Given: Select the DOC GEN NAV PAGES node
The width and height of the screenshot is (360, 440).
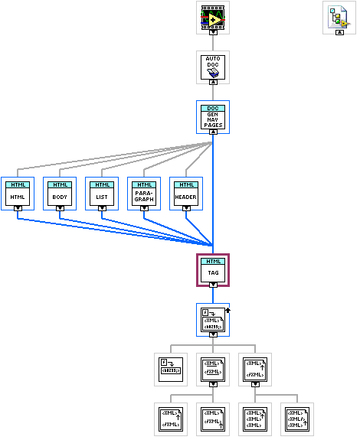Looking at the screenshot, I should click(x=213, y=117).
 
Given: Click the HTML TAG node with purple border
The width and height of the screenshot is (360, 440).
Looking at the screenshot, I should click(x=213, y=269).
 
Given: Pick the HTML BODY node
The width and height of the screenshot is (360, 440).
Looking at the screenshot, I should click(x=59, y=194).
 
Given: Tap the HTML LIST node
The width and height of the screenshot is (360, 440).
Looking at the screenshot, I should click(x=101, y=194).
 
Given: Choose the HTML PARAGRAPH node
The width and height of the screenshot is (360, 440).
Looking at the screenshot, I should click(x=143, y=194).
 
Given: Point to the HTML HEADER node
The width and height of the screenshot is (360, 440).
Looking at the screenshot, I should click(x=185, y=194).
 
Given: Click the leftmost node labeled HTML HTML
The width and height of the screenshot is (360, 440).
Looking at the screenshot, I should click(x=17, y=194).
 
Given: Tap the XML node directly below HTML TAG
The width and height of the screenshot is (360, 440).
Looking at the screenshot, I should click(x=213, y=318).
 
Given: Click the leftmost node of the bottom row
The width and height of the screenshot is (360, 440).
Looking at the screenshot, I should click(x=170, y=419).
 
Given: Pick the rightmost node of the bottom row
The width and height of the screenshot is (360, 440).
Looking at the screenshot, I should click(x=296, y=419).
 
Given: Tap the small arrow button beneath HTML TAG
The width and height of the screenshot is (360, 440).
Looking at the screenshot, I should click(x=213, y=283).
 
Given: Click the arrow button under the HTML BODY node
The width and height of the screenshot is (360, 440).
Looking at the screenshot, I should click(x=59, y=207).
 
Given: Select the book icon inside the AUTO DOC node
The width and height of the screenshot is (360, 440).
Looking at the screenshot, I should click(x=213, y=73).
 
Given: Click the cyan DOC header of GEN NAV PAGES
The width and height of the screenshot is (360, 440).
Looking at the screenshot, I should click(x=213, y=109).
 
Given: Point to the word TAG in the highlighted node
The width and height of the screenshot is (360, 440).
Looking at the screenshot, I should click(x=213, y=272).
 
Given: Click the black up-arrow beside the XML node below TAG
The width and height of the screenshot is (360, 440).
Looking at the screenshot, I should click(x=230, y=311).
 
